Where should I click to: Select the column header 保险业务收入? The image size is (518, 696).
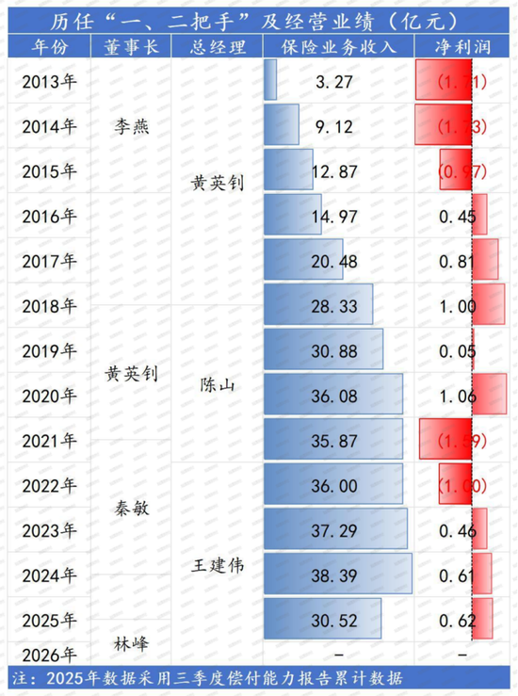(336, 46)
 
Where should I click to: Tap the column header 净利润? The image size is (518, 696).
(462, 46)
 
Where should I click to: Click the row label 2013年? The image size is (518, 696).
(49, 82)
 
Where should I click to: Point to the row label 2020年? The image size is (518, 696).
(49, 397)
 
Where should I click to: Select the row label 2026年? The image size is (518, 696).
(49, 655)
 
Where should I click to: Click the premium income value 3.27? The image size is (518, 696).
(336, 82)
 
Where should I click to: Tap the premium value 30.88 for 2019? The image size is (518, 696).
(336, 351)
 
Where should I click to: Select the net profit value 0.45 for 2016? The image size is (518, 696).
(457, 217)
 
